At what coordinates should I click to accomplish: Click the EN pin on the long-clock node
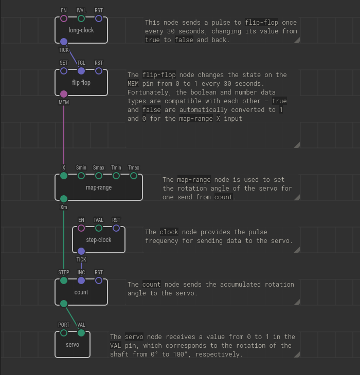click(x=64, y=19)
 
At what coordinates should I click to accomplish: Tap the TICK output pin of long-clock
click(x=64, y=42)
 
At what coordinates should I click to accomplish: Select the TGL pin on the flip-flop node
click(x=81, y=71)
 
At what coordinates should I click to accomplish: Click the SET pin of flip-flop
click(x=64, y=71)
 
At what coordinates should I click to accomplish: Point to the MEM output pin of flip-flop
click(x=64, y=94)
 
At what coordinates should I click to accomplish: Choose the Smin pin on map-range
click(x=81, y=176)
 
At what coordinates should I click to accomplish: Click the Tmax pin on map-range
click(x=134, y=176)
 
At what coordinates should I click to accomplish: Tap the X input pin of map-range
click(x=64, y=176)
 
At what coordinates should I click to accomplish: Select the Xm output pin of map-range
click(x=64, y=199)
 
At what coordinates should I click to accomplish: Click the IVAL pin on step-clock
click(x=99, y=229)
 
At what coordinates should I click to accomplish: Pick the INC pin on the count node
click(x=81, y=281)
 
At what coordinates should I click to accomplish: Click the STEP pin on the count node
click(x=64, y=281)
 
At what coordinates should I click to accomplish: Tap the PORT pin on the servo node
click(x=64, y=333)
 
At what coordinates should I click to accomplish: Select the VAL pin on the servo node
click(x=81, y=333)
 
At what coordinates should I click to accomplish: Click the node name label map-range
click(x=99, y=188)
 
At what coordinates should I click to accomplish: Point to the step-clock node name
click(x=99, y=240)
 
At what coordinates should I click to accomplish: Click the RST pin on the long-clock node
click(x=99, y=19)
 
